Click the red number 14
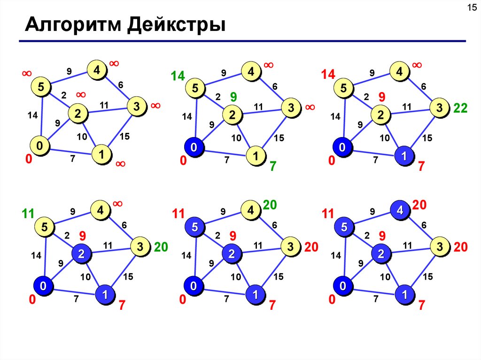(x=328, y=75)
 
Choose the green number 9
(x=233, y=97)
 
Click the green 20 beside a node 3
(x=161, y=247)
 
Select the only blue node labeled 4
(x=399, y=210)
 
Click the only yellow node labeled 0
(x=40, y=146)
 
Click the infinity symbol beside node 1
(x=120, y=164)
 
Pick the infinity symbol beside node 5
(x=26, y=74)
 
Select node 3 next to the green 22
(x=439, y=108)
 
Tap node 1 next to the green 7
(x=256, y=156)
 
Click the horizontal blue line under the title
(x=242, y=41)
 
